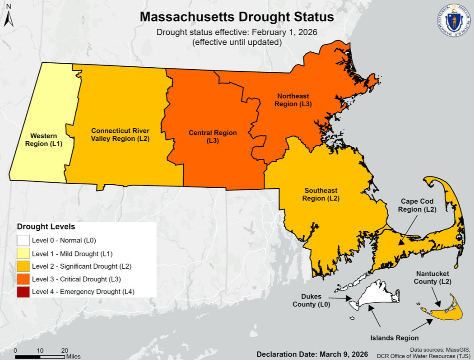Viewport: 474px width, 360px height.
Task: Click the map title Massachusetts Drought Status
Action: coord(237,17)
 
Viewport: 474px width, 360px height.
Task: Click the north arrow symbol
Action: coord(10,19)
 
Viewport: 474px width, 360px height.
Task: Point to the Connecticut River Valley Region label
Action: coord(120,135)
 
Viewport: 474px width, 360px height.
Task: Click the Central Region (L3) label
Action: coord(212,137)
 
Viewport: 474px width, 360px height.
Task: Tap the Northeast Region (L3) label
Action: coord(293,100)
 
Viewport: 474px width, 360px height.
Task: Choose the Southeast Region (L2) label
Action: coord(321,194)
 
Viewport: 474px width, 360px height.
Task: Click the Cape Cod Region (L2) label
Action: coord(417,205)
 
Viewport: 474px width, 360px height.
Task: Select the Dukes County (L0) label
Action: coord(312,301)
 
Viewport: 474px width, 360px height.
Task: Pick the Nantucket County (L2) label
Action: coord(433,278)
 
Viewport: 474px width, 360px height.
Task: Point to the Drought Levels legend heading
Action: coord(46,227)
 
